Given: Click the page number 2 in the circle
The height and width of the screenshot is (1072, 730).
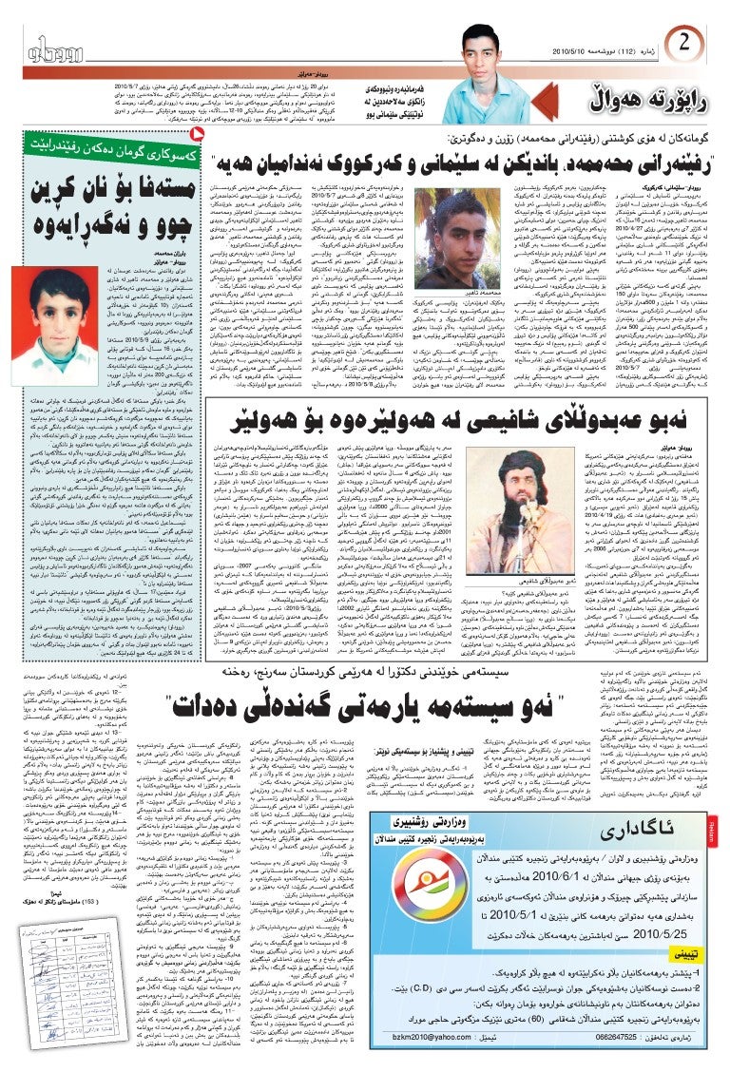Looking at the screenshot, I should [x=685, y=43].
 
